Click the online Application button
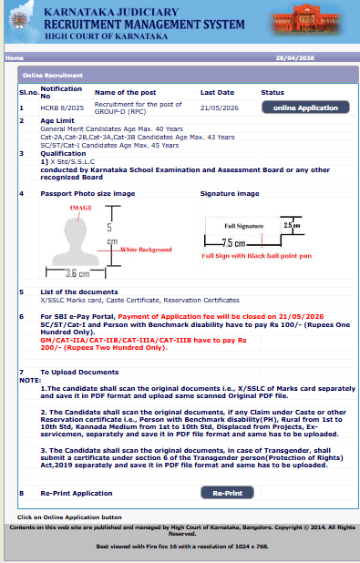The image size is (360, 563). [x=305, y=107]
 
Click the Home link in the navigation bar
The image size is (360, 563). [x=14, y=57]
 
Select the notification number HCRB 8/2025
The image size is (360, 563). [x=61, y=107]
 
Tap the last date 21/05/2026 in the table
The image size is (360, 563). [x=220, y=107]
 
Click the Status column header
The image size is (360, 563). [x=273, y=92]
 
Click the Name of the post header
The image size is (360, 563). [x=126, y=92]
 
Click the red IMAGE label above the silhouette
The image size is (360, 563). [x=80, y=209]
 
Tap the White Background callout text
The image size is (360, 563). [x=147, y=249]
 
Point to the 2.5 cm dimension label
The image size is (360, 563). [x=291, y=224]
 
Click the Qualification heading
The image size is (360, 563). [x=62, y=154]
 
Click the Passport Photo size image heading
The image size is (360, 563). [x=87, y=194]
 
